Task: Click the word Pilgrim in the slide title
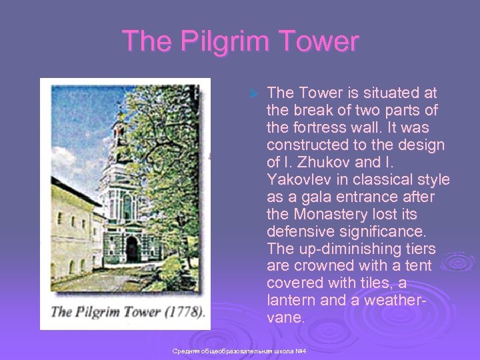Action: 213,41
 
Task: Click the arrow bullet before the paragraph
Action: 252,93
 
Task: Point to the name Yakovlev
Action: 299,179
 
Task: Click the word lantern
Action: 291,301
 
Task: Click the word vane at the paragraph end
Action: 285,318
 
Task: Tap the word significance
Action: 383,231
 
